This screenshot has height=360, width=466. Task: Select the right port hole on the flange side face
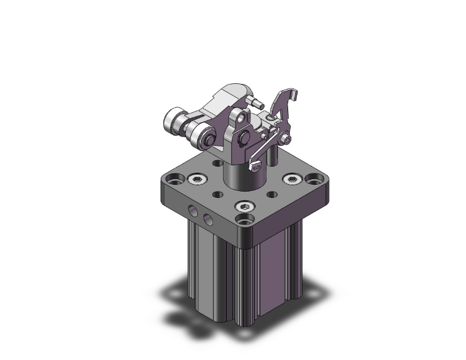(207, 219)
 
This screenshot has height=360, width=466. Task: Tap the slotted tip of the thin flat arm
(255, 167)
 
